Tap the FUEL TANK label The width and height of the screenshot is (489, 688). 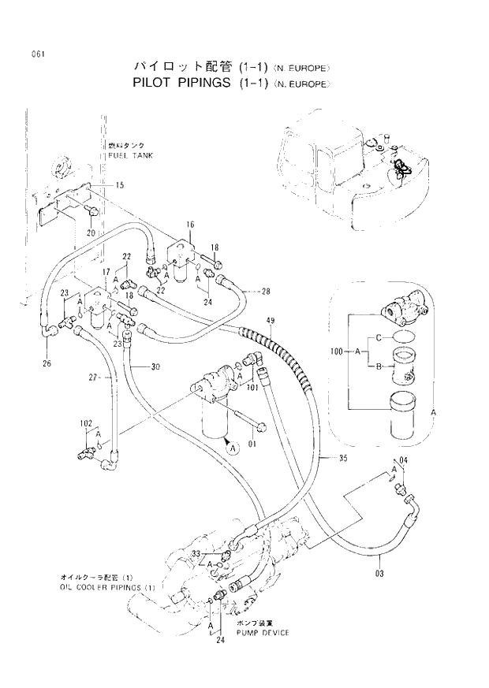click(x=130, y=155)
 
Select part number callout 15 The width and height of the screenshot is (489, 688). click(x=120, y=185)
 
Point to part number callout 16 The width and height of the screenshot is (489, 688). click(x=190, y=225)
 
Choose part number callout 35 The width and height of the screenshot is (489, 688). click(x=342, y=458)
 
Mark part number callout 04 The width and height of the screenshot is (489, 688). click(x=404, y=460)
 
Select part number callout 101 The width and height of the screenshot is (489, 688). click(x=253, y=387)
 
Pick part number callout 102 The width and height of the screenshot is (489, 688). click(x=87, y=423)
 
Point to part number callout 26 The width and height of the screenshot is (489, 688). click(x=46, y=364)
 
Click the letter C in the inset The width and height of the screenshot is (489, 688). click(x=379, y=337)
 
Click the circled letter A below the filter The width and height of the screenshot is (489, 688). click(x=232, y=448)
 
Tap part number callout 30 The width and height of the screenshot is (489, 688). click(x=156, y=366)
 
